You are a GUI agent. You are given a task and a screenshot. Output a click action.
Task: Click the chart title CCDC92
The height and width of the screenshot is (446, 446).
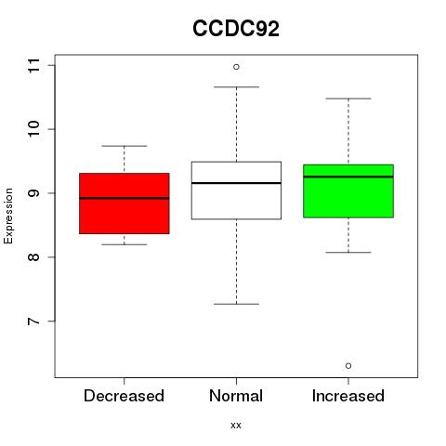click(x=236, y=29)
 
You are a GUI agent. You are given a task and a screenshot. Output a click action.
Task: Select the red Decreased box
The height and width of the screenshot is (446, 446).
click(x=125, y=203)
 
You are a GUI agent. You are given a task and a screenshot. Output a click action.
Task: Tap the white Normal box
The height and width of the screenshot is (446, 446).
click(x=236, y=190)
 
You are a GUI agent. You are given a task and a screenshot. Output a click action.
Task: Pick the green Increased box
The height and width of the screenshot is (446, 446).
click(x=348, y=191)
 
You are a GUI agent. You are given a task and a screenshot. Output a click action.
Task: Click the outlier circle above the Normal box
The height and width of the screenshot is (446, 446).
click(x=236, y=67)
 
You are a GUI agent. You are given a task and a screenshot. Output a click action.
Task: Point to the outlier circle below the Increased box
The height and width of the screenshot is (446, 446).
click(x=348, y=366)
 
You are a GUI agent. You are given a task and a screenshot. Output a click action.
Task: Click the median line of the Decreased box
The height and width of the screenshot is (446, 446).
click(x=125, y=198)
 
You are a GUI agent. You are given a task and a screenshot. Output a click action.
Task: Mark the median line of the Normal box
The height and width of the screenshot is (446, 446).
click(x=236, y=183)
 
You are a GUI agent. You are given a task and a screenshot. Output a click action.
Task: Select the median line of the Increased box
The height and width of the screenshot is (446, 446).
click(x=348, y=177)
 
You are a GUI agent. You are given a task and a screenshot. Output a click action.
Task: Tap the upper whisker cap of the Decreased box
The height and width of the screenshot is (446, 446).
click(x=125, y=146)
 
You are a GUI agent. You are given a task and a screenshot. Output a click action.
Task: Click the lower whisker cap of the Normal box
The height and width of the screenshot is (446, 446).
click(x=236, y=304)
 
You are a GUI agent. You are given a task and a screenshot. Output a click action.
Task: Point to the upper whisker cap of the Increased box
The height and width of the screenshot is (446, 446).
click(x=348, y=98)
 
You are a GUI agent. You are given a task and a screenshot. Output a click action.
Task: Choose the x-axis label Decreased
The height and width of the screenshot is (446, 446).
click(x=124, y=396)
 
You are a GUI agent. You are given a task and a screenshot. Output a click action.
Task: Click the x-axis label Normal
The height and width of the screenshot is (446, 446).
click(x=236, y=396)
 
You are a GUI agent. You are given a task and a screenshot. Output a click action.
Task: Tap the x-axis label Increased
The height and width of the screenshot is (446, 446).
click(x=348, y=396)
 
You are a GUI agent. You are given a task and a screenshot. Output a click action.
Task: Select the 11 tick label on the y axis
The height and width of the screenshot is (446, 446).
click(x=34, y=65)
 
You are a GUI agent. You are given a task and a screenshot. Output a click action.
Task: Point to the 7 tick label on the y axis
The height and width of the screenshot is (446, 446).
click(x=34, y=321)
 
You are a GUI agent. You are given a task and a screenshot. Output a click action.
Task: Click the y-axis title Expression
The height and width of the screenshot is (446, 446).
click(x=8, y=216)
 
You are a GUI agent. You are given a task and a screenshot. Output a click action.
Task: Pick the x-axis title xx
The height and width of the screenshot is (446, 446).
click(x=236, y=425)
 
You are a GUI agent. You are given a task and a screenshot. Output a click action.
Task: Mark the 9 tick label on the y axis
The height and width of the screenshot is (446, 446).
click(x=34, y=193)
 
